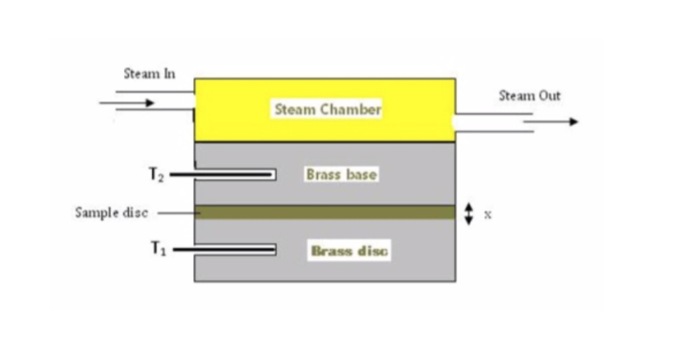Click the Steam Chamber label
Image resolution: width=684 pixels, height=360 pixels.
tap(327, 109)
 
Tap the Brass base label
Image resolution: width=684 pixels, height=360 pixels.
tap(341, 175)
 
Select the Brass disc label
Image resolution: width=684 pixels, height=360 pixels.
tap(349, 251)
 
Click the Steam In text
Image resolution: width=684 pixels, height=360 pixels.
tap(150, 74)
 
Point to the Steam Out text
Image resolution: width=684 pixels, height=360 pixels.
tap(529, 95)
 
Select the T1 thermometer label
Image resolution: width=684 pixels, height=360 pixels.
tap(157, 249)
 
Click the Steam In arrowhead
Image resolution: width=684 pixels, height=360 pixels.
tap(149, 102)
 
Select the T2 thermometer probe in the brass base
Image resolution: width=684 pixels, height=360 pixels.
tap(233, 175)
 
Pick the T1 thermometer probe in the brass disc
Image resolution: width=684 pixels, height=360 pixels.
tap(233, 249)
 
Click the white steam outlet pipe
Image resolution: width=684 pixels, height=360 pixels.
tap(493, 123)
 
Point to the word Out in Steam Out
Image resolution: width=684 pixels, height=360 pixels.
tap(550, 95)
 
